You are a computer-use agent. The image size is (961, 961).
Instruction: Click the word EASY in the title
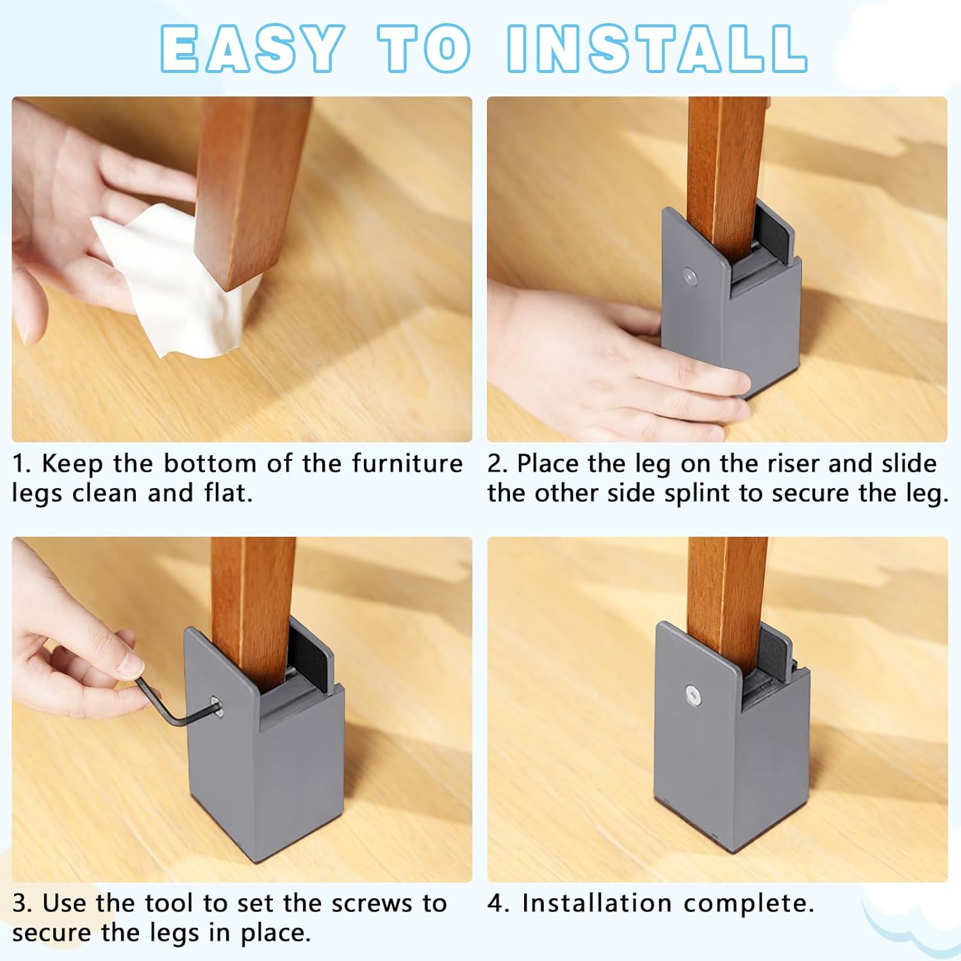[251, 49]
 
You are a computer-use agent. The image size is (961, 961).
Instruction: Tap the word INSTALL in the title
[657, 49]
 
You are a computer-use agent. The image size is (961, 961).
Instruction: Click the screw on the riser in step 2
[689, 276]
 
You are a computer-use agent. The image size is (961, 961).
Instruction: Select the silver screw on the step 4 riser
[692, 694]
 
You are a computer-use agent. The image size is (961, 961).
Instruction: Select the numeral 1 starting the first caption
[21, 464]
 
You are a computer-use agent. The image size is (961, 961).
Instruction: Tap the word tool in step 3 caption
[168, 903]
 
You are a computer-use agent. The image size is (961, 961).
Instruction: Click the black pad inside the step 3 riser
[312, 655]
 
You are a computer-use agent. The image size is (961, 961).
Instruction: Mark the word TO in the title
[425, 49]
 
